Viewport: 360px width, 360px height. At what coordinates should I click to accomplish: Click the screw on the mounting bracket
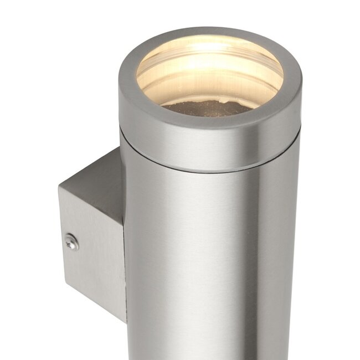click(71, 241)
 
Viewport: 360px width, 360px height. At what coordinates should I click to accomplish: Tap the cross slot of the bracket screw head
click(71, 241)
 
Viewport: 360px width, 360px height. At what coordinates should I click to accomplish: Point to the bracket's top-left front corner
click(59, 187)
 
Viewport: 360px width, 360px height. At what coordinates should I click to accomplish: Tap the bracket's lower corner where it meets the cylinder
click(125, 321)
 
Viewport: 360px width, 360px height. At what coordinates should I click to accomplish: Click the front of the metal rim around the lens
click(210, 125)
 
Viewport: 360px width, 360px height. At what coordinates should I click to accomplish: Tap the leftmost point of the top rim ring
click(119, 83)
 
